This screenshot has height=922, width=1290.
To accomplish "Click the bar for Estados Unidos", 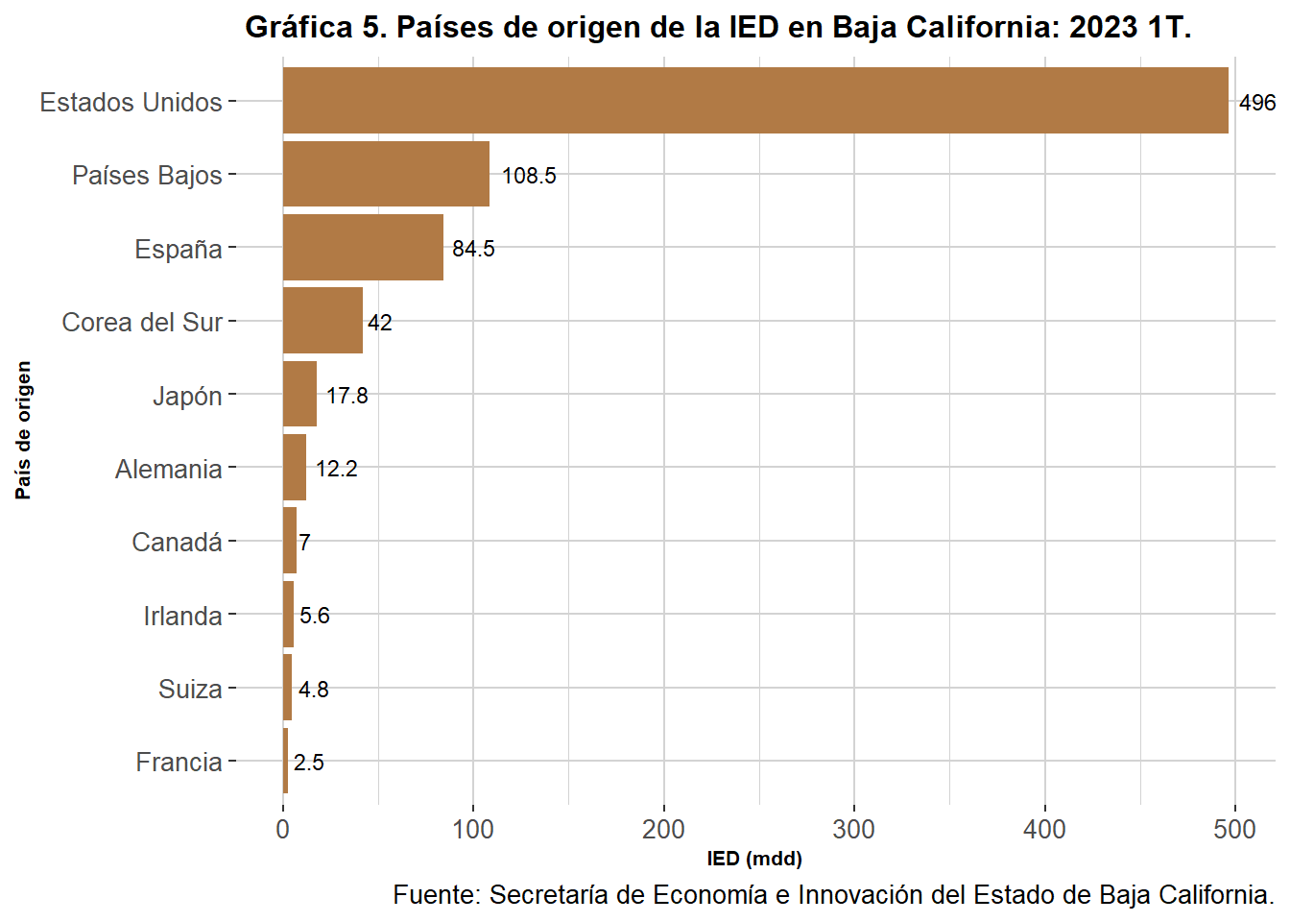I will click(755, 101).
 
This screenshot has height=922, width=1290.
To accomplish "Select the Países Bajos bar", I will click(386, 174).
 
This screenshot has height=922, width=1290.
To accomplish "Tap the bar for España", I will click(363, 248).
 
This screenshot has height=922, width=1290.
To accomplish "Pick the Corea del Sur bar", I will click(322, 321).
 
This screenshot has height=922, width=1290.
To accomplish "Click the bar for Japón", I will click(299, 394).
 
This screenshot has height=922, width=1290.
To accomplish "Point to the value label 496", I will click(1256, 103).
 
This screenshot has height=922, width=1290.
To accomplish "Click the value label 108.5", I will click(529, 176).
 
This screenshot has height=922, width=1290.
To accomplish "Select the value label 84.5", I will click(473, 249).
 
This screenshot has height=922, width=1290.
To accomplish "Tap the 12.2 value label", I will click(336, 469).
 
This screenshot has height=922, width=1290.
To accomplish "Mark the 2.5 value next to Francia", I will click(308, 763).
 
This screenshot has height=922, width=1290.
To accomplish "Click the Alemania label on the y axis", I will click(169, 469).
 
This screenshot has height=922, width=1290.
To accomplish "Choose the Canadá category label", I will click(177, 543).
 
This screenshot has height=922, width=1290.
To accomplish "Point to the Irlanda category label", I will click(182, 616).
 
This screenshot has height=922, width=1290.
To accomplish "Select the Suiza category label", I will click(190, 689).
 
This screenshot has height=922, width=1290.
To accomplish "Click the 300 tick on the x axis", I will click(853, 830).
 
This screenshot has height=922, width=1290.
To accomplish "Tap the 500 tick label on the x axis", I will click(1234, 830).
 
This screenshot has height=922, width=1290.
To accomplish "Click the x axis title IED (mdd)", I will click(754, 859).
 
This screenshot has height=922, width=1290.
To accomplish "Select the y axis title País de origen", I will click(24, 430).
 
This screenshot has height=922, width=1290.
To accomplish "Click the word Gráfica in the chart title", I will click(299, 27).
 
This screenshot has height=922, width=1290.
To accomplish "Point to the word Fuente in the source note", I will click(436, 895).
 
